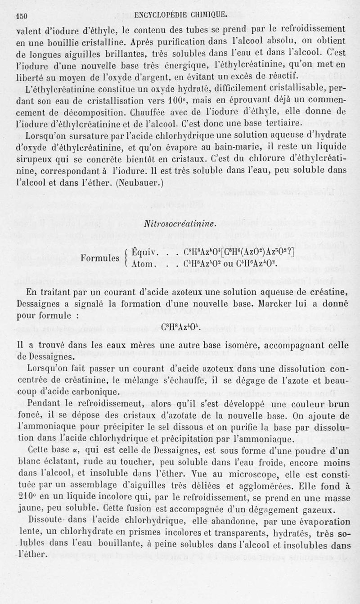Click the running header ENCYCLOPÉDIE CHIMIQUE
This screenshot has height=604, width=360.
pos(180,15)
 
